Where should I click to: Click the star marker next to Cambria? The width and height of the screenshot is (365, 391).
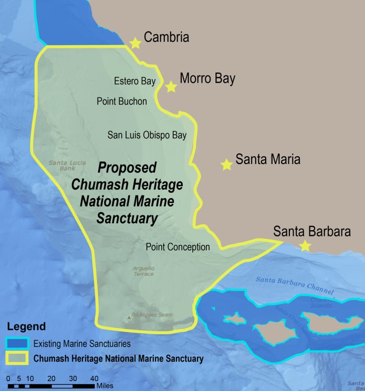(x=135, y=43)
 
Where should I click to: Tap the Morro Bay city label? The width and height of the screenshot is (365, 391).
(x=207, y=79)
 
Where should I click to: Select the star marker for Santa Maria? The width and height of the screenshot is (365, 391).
(x=226, y=165)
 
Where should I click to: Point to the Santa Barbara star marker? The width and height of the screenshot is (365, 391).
(x=305, y=246)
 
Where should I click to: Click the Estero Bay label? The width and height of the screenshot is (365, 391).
(x=134, y=81)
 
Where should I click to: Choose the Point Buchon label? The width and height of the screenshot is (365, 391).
(x=122, y=101)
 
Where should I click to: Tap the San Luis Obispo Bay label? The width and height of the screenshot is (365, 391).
(x=147, y=135)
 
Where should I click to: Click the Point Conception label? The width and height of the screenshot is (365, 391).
(x=178, y=247)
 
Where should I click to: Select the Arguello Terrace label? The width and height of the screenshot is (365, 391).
(x=143, y=271)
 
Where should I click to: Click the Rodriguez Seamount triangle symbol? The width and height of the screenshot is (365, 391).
(x=129, y=317)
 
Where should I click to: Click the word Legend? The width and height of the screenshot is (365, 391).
(x=26, y=327)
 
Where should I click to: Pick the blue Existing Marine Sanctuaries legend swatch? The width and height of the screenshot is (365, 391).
(x=17, y=344)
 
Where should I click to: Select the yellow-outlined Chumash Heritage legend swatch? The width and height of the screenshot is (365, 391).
(x=17, y=359)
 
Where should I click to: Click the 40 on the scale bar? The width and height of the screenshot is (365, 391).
(x=94, y=378)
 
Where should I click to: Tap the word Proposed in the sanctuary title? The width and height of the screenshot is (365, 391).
(x=128, y=168)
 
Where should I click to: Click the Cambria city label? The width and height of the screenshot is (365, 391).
(x=166, y=37)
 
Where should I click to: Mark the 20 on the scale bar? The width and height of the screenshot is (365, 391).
(x=51, y=378)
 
